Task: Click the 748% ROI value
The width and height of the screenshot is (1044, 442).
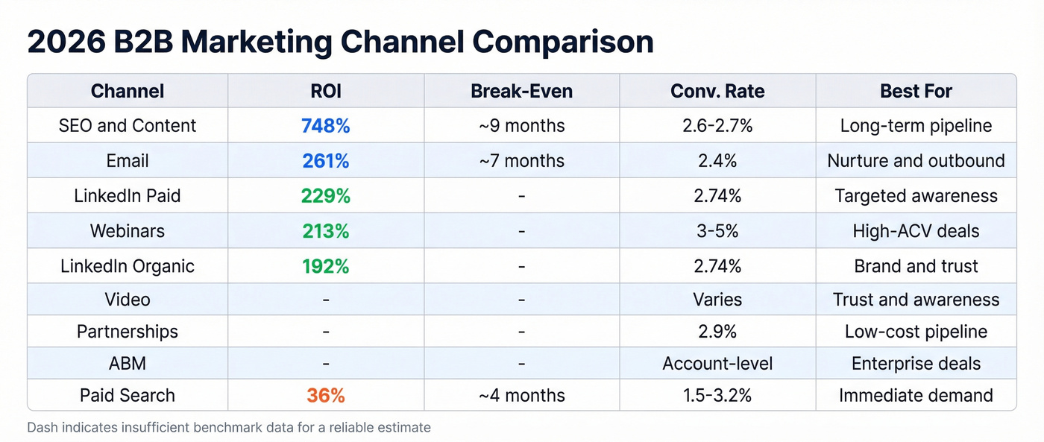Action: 326,126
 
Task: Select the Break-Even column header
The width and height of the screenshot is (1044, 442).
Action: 521,92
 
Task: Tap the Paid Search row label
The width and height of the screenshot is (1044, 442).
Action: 128,396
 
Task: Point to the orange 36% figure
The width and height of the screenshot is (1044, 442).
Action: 326,396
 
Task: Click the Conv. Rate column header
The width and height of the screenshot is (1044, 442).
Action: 717,92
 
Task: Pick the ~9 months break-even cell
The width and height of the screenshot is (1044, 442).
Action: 521,126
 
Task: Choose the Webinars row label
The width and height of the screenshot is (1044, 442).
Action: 128,231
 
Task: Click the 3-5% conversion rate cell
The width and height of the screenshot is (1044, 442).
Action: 717,231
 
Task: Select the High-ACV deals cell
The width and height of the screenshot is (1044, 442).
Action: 916,231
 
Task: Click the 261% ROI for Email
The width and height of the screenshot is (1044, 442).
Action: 326,161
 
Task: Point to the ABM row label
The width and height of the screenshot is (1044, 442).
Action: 128,364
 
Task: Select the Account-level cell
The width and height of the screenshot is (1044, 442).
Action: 717,364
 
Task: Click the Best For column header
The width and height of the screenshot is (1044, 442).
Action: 916,92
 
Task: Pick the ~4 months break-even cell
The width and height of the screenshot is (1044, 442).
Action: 521,396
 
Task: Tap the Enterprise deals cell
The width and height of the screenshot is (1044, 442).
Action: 916,364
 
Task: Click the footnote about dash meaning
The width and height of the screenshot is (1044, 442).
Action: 229,428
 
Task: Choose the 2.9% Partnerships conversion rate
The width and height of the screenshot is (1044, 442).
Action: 717,332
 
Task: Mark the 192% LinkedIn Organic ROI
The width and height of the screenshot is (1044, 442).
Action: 326,266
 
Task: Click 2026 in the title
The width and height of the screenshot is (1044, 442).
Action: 66,42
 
